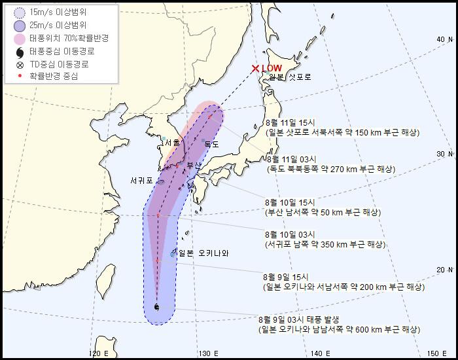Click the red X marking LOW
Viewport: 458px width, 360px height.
255,69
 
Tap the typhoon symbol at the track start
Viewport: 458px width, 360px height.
156,306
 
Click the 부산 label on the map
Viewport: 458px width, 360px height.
193,165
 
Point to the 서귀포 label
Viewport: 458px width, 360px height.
142,180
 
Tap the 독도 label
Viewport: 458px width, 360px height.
211,143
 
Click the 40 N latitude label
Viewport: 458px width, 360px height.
444,40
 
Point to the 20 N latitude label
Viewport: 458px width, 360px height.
444,269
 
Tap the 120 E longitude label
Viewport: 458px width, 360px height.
99,353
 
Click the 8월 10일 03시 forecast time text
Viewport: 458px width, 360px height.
290,234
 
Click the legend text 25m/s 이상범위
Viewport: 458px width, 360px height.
66,26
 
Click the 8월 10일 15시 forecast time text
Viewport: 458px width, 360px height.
290,202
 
